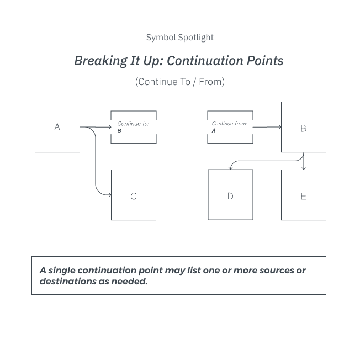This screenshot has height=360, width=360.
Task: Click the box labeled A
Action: point(57,127)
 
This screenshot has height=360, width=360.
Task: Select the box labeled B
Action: point(304,127)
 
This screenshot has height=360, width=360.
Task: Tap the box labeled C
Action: point(134,195)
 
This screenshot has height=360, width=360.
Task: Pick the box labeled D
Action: point(230,195)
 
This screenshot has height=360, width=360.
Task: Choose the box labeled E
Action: point(304,195)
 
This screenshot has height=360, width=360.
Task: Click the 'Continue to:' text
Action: point(133,124)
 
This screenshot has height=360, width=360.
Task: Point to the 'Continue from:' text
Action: point(229,124)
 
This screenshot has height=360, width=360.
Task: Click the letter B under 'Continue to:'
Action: point(119,131)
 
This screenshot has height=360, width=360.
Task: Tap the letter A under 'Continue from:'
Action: point(214,131)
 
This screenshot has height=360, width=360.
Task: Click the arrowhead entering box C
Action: point(110,195)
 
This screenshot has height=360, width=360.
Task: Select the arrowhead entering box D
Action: point(230,168)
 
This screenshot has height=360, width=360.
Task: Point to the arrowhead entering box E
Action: point(304,168)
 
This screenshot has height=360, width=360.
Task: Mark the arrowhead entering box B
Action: point(280,127)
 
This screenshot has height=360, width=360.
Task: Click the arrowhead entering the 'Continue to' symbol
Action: point(110,127)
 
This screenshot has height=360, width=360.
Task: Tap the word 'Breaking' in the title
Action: point(101,61)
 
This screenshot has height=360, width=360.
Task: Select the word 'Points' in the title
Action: point(265,61)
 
